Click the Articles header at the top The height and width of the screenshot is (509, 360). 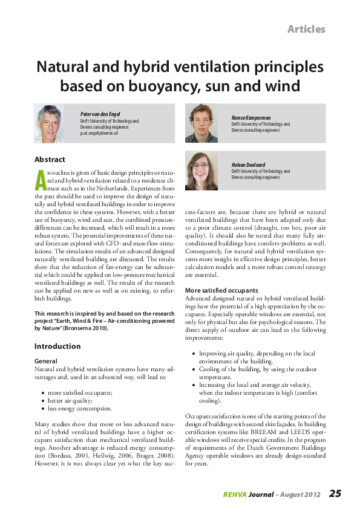click(x=306, y=29)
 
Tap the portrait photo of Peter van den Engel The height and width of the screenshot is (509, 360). click(x=50, y=124)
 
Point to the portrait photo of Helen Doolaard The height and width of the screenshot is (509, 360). click(x=201, y=170)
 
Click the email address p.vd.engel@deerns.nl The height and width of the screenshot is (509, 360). click(x=99, y=132)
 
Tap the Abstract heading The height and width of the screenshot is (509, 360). click(x=50, y=160)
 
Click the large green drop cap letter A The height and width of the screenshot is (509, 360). click(x=40, y=181)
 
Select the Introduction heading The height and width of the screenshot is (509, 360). click(x=57, y=346)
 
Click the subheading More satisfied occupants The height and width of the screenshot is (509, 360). click(x=221, y=290)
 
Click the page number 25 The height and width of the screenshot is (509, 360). click(x=335, y=493)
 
